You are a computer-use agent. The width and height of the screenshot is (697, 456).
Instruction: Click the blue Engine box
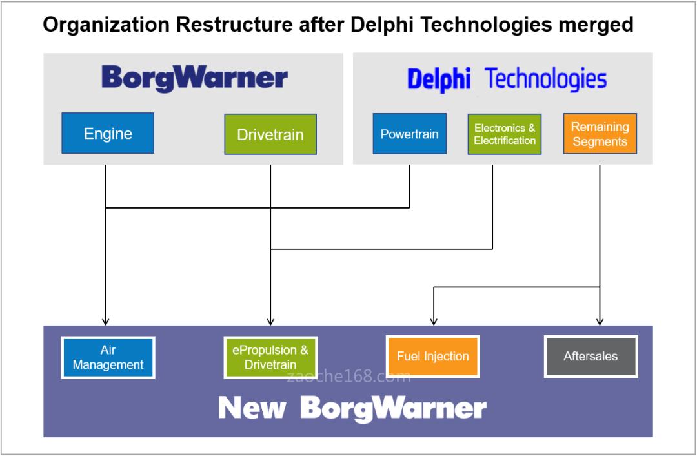(x=108, y=134)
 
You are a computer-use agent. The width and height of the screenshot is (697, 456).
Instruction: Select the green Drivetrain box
(x=270, y=135)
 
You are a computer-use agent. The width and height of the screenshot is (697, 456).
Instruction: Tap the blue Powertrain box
(x=409, y=134)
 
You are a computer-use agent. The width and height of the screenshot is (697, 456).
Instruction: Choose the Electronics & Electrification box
(x=505, y=134)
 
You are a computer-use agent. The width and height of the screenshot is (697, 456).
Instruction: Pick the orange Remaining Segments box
(x=600, y=134)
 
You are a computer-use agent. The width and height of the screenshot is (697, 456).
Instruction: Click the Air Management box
(x=108, y=357)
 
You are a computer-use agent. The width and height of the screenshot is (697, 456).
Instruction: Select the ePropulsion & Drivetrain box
(x=270, y=357)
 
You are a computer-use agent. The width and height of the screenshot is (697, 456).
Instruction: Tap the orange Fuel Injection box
(x=433, y=357)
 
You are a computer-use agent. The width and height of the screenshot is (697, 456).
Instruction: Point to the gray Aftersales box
(x=591, y=357)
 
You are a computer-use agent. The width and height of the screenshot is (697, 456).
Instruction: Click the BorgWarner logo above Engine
(x=194, y=79)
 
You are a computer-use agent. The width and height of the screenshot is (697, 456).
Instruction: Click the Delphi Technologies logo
(x=507, y=81)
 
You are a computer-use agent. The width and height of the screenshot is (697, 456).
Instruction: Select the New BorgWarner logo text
(x=352, y=408)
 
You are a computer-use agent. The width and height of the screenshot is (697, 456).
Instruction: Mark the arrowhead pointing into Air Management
(x=105, y=321)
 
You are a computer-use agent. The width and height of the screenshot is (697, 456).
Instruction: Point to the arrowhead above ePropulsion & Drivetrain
(x=270, y=321)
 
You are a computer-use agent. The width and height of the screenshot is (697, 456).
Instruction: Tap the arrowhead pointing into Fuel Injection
(x=434, y=321)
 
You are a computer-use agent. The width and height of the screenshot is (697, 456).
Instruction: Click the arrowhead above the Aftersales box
(x=600, y=321)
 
